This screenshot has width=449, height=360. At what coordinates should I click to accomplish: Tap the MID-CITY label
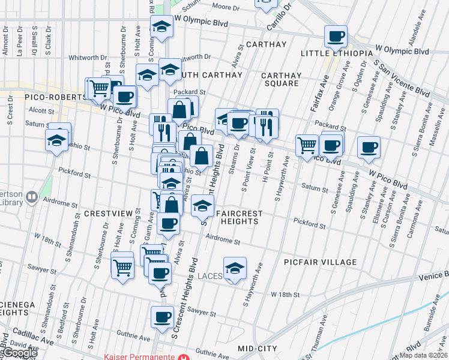[258, 349]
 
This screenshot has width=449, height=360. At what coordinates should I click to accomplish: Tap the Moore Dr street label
[226, 8]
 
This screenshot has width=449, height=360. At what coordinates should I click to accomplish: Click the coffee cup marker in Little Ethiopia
[336, 37]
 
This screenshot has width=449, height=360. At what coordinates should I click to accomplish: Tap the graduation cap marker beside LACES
[235, 267]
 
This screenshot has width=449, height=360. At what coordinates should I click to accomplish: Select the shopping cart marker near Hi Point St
[307, 144]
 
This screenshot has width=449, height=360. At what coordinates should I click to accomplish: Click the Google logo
[19, 353]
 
